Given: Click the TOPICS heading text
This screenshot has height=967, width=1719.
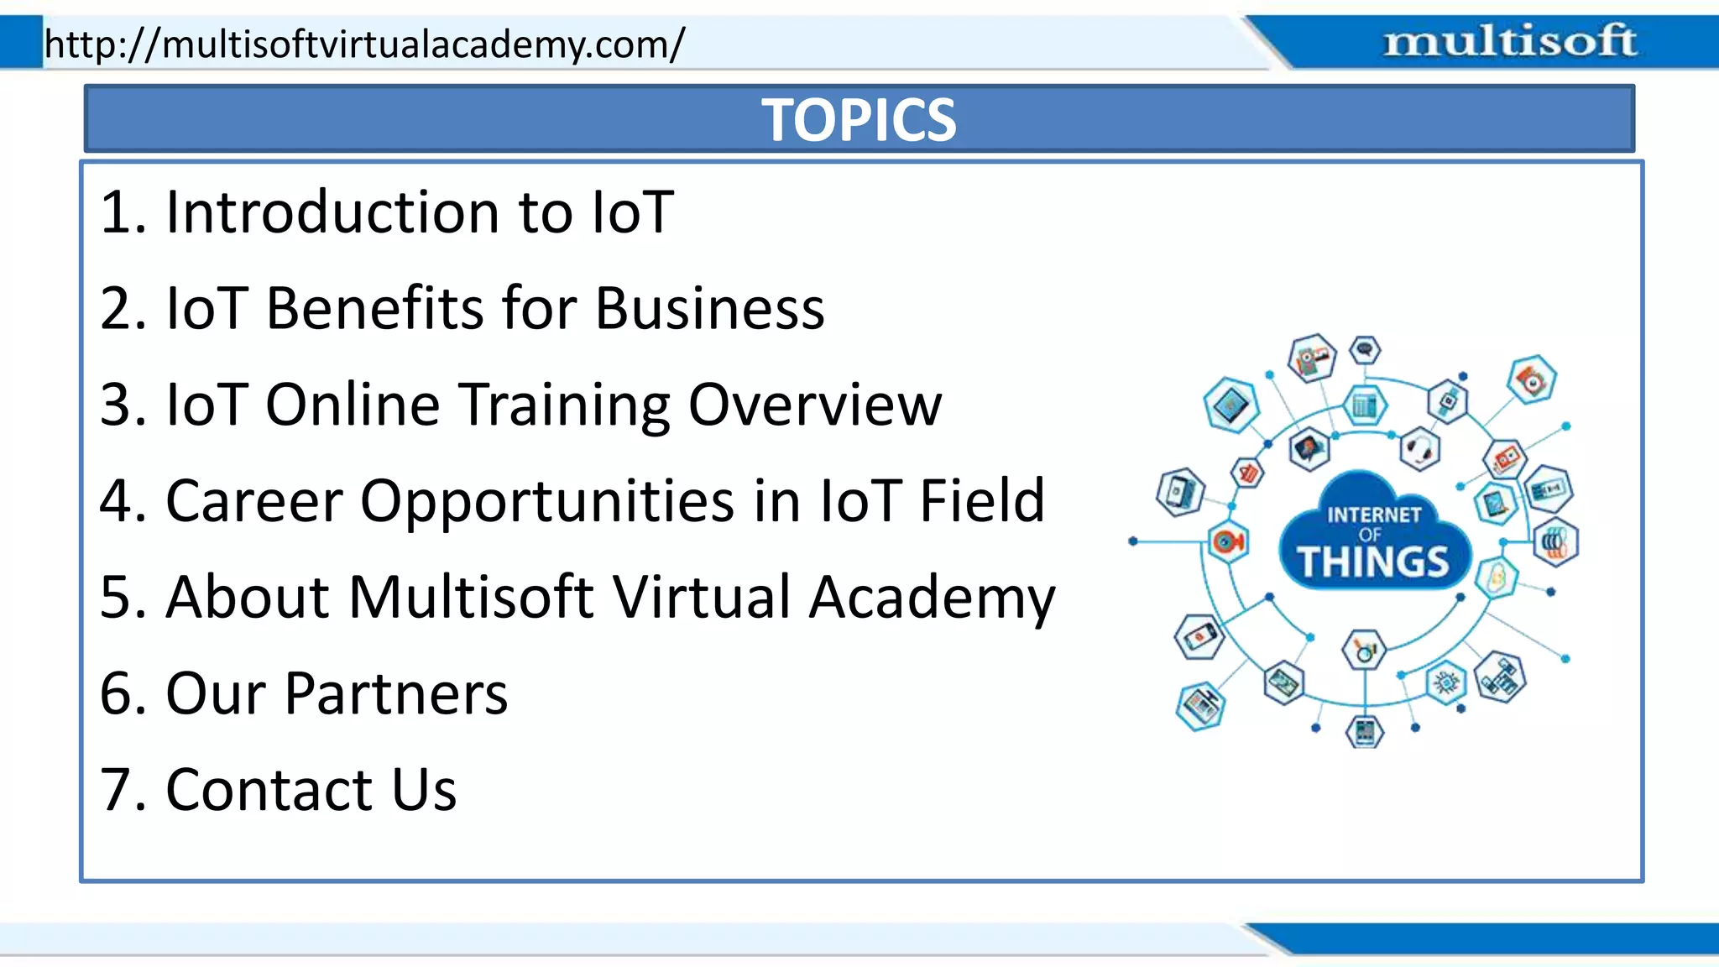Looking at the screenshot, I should click(x=859, y=120).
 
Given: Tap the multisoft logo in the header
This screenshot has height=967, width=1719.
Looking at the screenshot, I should click(x=1509, y=41).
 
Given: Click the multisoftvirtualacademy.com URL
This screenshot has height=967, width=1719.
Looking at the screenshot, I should click(x=364, y=44).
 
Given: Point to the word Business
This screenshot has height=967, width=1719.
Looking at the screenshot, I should click(x=710, y=308).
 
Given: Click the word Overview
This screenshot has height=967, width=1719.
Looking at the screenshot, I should click(x=815, y=405).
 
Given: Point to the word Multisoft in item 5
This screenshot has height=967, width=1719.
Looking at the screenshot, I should click(x=472, y=598).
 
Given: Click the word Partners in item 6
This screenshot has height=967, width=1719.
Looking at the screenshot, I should click(x=396, y=694).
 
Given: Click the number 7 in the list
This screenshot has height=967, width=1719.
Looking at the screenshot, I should click(x=116, y=790).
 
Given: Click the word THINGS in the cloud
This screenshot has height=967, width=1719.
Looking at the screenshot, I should click(x=1373, y=562).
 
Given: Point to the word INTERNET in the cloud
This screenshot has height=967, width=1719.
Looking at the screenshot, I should click(x=1374, y=515).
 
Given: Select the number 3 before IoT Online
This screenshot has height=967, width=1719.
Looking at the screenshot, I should click(x=116, y=405).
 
